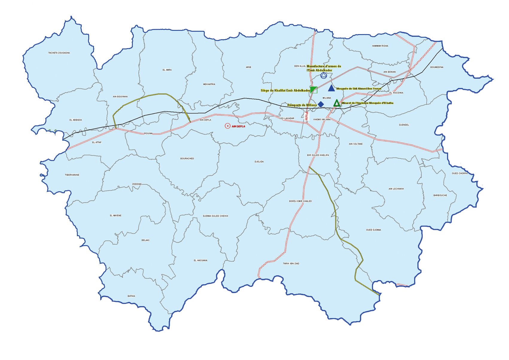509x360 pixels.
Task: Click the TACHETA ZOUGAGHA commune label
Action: tap(59, 53)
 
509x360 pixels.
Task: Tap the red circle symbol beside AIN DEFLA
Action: tap(227, 126)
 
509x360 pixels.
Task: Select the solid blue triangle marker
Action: tap(331, 88)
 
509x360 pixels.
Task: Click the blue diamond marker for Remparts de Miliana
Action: tap(321, 104)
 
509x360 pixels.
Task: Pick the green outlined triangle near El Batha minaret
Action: tap(337, 104)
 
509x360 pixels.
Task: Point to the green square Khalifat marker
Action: tap(313, 90)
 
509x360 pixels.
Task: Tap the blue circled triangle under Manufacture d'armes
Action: tap(323, 75)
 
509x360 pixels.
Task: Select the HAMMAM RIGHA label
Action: tap(380, 46)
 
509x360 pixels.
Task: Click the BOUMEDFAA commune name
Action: tap(437, 67)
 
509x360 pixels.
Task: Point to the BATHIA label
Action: tap(131, 296)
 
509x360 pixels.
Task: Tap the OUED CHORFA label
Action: tap(459, 174)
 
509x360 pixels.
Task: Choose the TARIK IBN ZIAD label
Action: tap(291, 264)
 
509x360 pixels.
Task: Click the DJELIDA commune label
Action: tap(259, 162)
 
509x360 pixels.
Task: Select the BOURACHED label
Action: tap(187, 159)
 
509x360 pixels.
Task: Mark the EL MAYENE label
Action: tap(116, 216)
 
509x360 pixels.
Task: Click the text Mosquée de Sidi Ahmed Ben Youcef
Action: tap(358, 89)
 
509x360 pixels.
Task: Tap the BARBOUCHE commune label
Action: tap(440, 195)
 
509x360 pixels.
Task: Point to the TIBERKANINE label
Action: tap(72, 175)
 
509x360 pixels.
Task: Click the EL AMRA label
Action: tap(167, 70)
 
